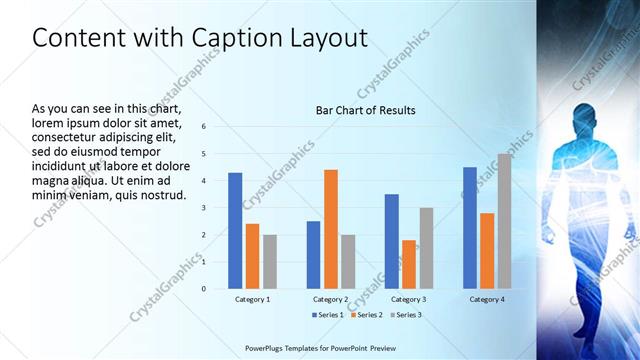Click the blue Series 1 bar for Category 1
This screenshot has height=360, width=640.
point(235,231)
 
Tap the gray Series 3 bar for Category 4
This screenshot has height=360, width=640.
point(504,221)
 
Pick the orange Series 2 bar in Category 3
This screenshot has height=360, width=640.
point(409,264)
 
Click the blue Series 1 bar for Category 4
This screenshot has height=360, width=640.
point(470,228)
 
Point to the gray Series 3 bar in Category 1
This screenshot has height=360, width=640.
point(270,262)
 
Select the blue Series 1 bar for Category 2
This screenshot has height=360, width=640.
point(313,255)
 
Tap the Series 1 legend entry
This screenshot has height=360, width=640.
point(326,315)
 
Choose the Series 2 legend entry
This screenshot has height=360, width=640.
point(365,315)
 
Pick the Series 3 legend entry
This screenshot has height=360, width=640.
point(404,315)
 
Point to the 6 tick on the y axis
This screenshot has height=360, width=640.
point(203,127)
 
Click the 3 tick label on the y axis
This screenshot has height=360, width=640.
point(203,208)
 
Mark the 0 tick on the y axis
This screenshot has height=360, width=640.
point(203,289)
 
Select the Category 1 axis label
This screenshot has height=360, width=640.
point(252,299)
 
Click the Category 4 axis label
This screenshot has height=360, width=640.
point(487,299)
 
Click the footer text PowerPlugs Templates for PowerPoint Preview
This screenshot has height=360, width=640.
point(320,349)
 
